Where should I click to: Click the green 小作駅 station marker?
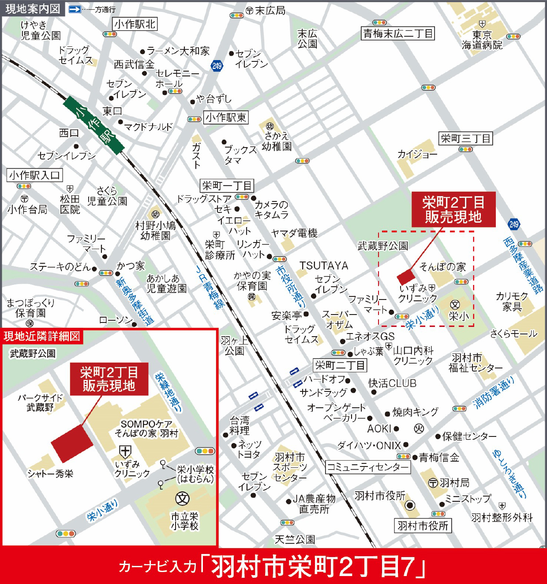[x=93, y=125]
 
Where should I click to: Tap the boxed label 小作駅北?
[x=135, y=24]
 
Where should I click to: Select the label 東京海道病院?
[x=482, y=40]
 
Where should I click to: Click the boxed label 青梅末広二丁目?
[x=398, y=33]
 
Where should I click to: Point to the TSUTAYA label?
[x=324, y=265]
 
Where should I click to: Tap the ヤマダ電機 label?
[x=294, y=233]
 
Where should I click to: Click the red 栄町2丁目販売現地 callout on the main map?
[x=453, y=209]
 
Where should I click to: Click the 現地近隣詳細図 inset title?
[x=42, y=336]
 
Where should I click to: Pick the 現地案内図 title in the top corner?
[x=33, y=8]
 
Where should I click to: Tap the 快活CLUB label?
[x=392, y=383]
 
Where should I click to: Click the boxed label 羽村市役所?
[x=423, y=525]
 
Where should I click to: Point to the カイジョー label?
[x=417, y=154]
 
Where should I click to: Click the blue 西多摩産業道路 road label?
[x=523, y=265]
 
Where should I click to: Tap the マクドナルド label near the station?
[x=148, y=127]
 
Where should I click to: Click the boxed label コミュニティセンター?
[x=367, y=467]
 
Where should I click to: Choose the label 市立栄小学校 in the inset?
[x=184, y=521]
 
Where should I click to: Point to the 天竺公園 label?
[x=295, y=539]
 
